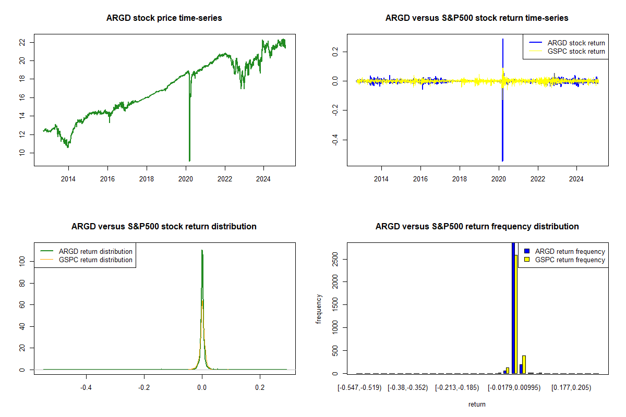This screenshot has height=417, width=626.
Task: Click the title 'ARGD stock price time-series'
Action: [164, 18]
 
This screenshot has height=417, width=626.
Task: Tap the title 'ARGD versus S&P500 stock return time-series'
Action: [477, 18]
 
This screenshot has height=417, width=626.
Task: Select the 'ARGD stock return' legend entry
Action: [576, 43]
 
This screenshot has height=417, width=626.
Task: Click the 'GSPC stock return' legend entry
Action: [576, 51]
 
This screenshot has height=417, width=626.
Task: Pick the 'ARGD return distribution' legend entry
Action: [95, 251]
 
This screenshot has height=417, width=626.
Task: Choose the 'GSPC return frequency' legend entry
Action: [570, 260]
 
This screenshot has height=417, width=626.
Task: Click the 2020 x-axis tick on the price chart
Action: [186, 178]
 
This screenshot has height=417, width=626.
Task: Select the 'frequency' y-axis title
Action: [319, 309]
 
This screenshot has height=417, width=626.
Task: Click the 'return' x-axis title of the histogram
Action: [477, 404]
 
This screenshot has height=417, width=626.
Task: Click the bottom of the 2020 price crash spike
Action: [189, 160]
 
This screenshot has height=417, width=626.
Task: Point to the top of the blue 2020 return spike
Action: [503, 39]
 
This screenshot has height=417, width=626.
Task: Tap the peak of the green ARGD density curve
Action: [202, 251]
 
